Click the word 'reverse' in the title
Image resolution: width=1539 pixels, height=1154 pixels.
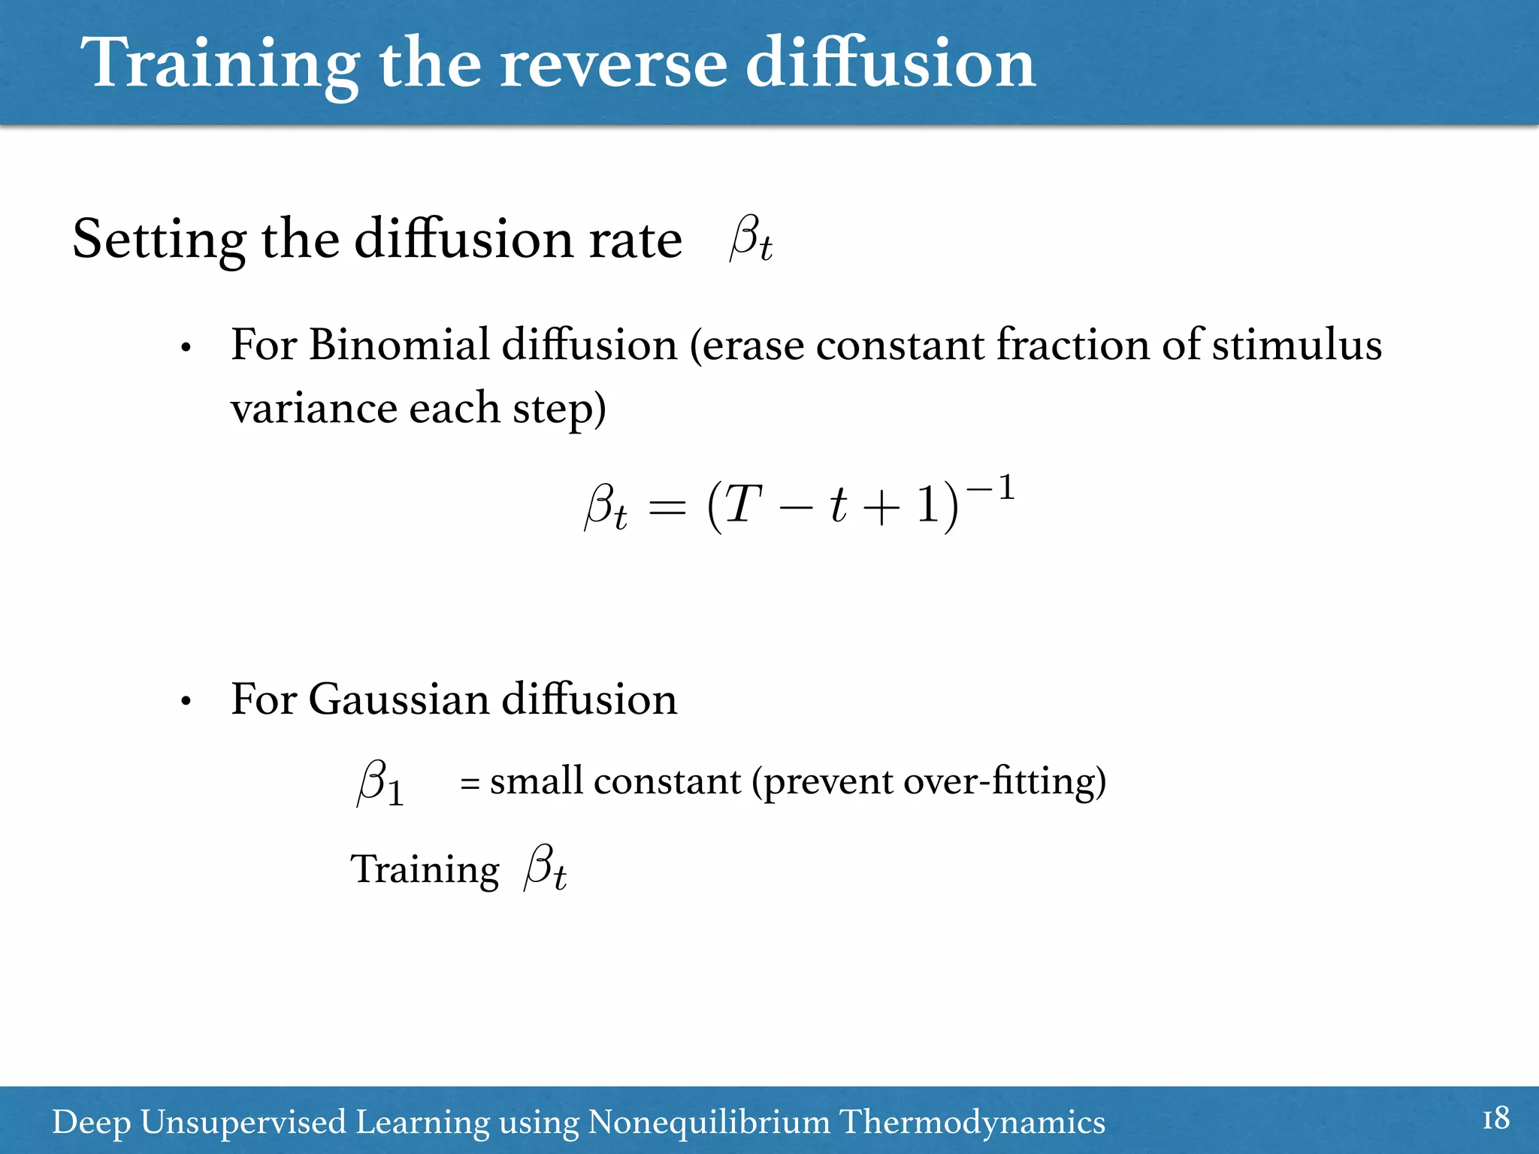pos(613,65)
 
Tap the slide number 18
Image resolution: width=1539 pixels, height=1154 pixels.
pos(1495,1119)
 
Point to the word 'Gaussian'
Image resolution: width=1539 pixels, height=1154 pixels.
pos(399,699)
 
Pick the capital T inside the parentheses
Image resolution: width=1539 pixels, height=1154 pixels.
pos(742,504)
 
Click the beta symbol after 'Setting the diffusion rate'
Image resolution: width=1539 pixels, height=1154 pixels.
pos(750,239)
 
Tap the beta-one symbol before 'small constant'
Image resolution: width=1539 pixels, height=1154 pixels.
pos(380,783)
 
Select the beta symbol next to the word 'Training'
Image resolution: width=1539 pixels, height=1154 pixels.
pos(545,868)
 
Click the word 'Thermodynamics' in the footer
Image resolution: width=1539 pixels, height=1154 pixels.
pos(972,1122)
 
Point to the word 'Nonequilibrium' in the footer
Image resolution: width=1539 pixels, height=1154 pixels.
pos(709,1122)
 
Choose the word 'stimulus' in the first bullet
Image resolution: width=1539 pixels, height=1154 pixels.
pos(1296,346)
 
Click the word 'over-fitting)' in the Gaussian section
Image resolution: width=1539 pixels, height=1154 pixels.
pos(1005,782)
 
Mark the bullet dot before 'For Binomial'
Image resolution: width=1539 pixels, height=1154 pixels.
pos(186,349)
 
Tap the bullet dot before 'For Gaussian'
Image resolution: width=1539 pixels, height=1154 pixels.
pos(186,702)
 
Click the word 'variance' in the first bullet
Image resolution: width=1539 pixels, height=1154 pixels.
pos(314,409)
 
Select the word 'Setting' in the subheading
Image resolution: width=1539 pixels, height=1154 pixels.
pos(159,240)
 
